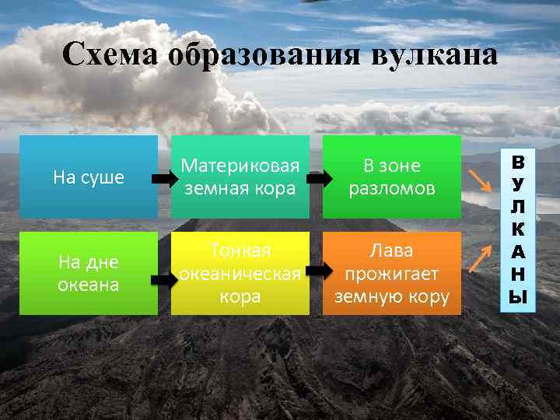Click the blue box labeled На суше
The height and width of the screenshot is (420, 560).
tap(89, 177)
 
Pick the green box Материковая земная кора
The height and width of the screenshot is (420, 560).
tap(240, 177)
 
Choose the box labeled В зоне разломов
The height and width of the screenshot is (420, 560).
tap(392, 177)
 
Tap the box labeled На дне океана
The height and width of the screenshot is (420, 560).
tap(89, 273)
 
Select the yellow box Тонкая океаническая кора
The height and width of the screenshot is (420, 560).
tap(240, 273)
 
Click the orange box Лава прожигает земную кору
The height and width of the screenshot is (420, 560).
tap(392, 273)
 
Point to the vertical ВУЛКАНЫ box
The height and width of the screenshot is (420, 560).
tap(517, 229)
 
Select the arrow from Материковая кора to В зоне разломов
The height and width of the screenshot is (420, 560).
tap(316, 178)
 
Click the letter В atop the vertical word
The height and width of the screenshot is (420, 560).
tap(517, 164)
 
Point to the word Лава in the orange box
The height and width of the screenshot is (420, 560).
tap(392, 250)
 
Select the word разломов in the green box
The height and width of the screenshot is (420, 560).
tap(392, 188)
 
